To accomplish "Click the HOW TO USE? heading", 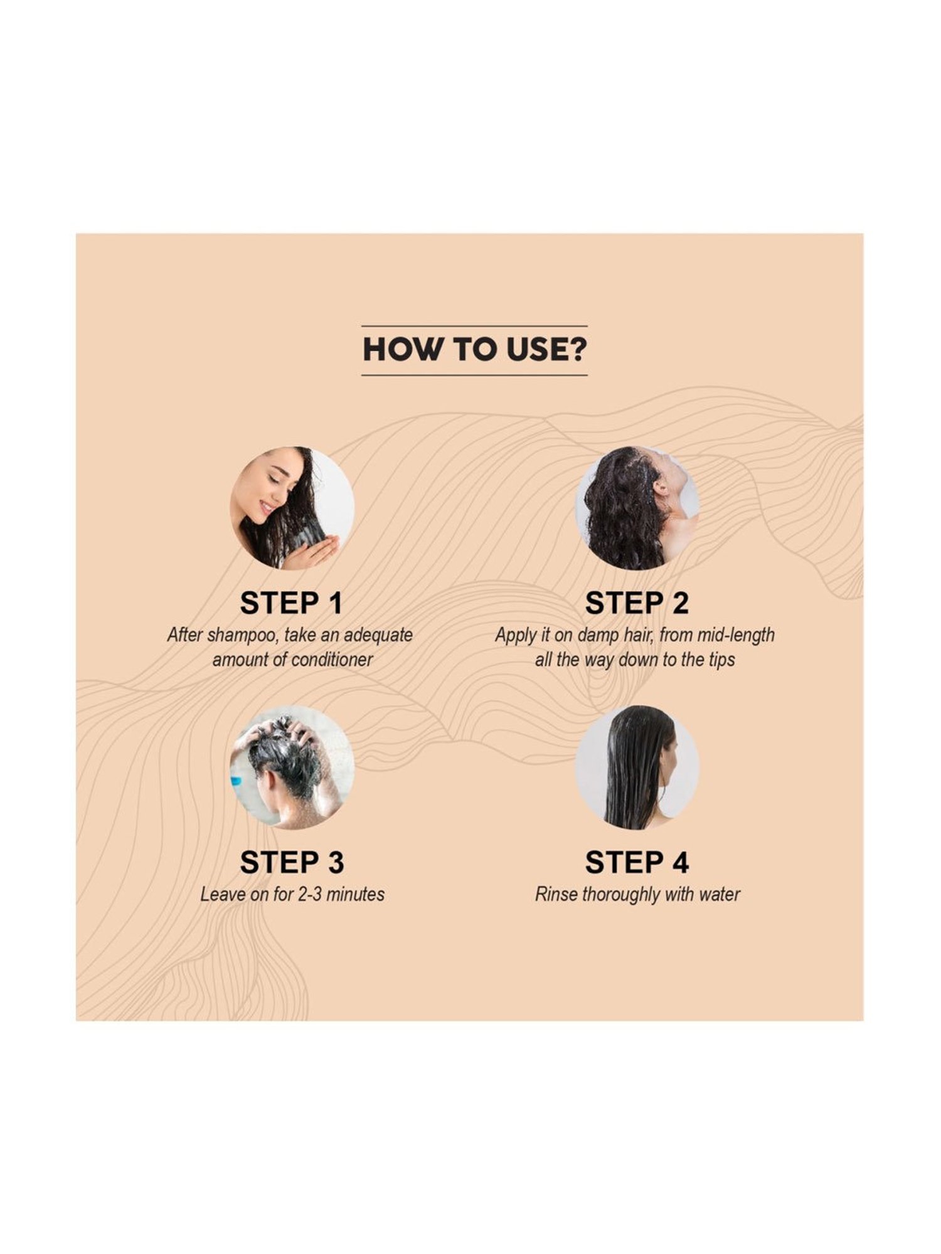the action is click(x=474, y=350).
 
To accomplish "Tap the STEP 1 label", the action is click(x=292, y=603).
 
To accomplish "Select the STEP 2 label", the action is click(x=637, y=603).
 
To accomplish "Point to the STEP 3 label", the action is click(x=292, y=862).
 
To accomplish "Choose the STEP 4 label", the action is click(x=637, y=862).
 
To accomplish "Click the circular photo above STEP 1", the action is click(x=292, y=508).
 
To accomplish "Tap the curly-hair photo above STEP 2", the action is click(x=637, y=508).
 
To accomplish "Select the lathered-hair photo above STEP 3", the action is click(x=292, y=767).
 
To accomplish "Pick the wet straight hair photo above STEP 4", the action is click(x=637, y=767).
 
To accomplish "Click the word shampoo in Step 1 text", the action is click(x=242, y=636).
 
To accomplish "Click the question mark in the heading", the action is click(x=578, y=350).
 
